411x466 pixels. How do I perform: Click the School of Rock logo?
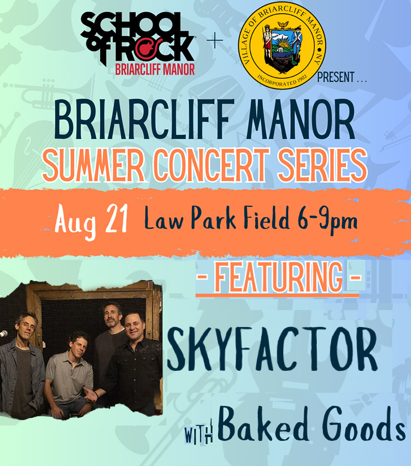tap(138, 43)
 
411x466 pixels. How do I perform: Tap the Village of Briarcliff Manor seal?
tap(282, 45)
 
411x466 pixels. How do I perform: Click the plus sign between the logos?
tap(215, 40)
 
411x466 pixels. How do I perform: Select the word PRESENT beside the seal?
tap(336, 77)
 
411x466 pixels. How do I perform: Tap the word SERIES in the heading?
tap(322, 165)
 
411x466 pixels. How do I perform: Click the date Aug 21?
tap(91, 221)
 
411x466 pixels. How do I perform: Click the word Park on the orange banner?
tap(213, 218)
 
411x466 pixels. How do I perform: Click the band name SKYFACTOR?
tap(272, 349)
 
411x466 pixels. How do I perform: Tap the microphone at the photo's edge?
tap(3, 334)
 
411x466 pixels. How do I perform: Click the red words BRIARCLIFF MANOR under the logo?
tap(155, 69)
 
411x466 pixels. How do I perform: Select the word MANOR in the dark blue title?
tap(301, 119)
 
